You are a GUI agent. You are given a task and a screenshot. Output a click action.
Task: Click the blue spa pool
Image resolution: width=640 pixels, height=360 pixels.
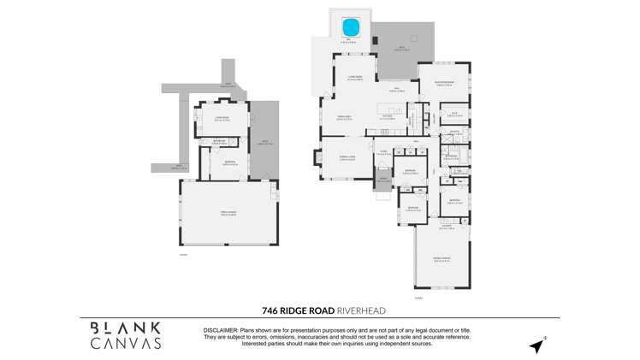352,27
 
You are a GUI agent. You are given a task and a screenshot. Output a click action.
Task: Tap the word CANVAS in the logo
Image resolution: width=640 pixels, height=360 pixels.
126,344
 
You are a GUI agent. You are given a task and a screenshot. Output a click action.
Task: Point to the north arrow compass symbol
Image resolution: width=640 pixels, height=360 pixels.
536,346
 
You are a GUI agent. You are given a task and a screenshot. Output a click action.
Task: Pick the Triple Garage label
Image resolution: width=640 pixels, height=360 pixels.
227,213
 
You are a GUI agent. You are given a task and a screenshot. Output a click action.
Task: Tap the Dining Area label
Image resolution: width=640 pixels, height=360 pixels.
343,117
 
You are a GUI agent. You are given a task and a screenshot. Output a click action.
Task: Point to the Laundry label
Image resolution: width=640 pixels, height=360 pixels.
446,227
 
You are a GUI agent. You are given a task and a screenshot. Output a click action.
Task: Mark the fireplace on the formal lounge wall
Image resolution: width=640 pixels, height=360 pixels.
322,158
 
